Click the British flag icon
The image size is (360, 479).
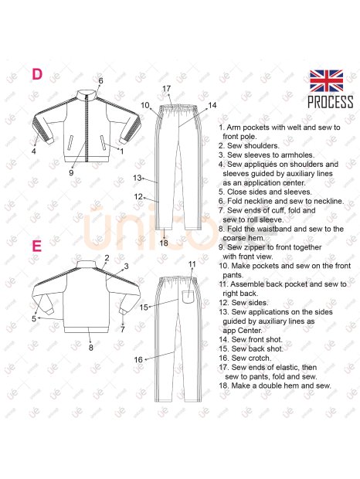327,80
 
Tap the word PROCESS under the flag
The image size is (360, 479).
331,102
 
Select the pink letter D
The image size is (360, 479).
37,74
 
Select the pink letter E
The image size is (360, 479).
36,246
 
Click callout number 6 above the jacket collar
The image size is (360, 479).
100,80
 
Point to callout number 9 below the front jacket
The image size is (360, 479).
71,172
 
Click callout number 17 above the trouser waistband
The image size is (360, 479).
166,89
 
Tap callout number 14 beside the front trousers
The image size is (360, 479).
212,105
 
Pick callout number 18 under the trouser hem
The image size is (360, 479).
164,243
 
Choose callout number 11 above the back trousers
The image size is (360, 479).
192,264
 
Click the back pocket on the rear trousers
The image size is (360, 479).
188,297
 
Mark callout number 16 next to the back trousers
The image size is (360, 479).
138,359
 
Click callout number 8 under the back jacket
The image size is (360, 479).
90,348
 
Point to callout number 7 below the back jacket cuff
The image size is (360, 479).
122,329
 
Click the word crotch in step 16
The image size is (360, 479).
260,358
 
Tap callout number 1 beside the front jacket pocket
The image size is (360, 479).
122,151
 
